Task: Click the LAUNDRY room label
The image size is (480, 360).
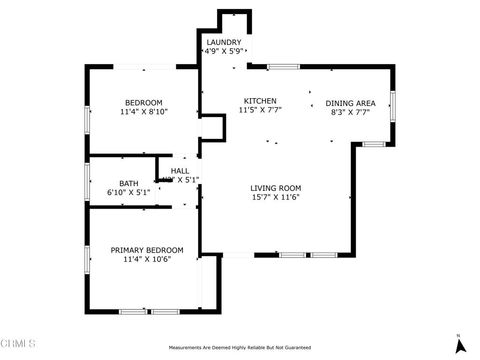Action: [x=223, y=42]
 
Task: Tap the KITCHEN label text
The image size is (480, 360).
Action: [x=262, y=101]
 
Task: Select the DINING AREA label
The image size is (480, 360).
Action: [x=351, y=103]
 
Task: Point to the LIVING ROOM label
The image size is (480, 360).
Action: [x=276, y=188]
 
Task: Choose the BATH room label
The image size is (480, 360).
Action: [x=129, y=183]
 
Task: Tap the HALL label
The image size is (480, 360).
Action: [x=180, y=171]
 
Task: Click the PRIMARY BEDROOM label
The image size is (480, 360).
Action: [x=147, y=250]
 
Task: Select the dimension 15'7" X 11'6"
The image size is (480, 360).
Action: [x=276, y=197]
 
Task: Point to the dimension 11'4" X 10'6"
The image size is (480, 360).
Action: [x=147, y=259]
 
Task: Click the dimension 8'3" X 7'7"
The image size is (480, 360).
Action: [x=351, y=112]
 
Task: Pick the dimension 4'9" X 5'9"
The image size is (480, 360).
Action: [x=223, y=50]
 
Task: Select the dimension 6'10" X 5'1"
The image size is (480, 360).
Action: [x=129, y=192]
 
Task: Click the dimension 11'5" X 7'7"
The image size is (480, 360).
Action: [x=262, y=110]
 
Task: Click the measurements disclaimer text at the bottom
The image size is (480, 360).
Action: [x=239, y=349]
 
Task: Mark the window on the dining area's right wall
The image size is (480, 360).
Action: [x=393, y=106]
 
